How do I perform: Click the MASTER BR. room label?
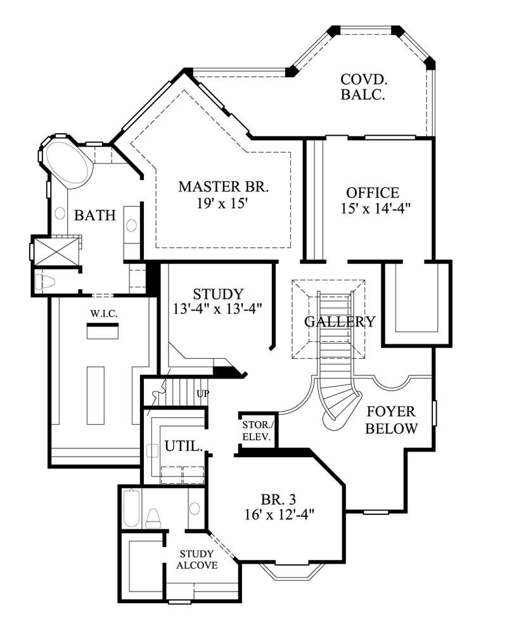coord(224,187)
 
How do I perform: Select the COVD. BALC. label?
coord(364,88)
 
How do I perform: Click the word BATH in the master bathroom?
coord(95,216)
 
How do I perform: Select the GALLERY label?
coord(340,321)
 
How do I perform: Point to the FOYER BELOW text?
coord(392,420)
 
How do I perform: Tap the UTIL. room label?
coord(183,446)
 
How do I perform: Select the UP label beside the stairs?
coord(203,394)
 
